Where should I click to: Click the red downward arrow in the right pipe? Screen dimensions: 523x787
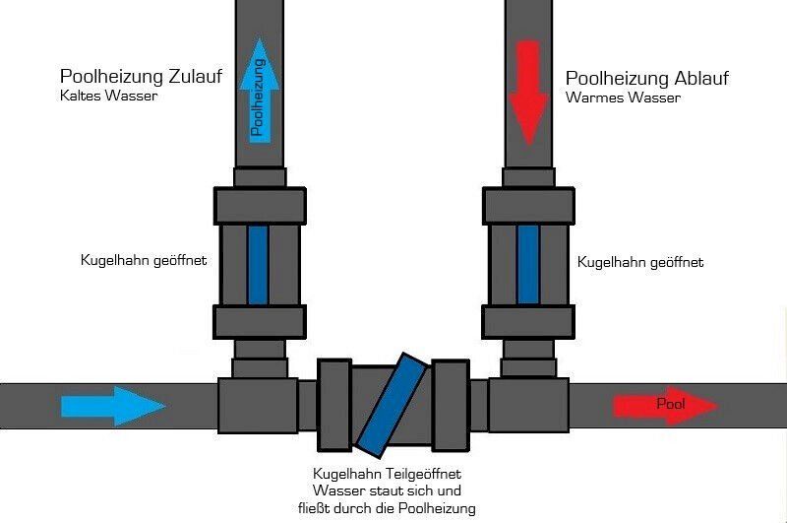pos(528,91)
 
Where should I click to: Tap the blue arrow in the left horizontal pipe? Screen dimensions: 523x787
pos(114,406)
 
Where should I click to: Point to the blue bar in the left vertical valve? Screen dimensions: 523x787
pos(258,264)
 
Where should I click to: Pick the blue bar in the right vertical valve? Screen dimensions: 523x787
pos(528,264)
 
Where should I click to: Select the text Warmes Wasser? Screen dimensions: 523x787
pos(624,98)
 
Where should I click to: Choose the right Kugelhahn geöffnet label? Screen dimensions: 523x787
pos(640,262)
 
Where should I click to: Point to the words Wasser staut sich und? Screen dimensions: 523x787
pos(387,490)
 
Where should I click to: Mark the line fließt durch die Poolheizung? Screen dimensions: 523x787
pos(388,508)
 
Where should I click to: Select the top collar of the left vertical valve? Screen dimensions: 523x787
pos(258,206)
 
